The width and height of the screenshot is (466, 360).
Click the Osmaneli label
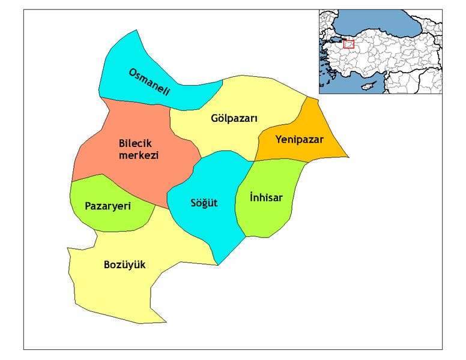click(150, 82)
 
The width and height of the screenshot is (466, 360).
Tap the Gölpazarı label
click(234, 118)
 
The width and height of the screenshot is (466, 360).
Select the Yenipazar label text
click(300, 140)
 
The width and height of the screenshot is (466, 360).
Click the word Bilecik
click(135, 144)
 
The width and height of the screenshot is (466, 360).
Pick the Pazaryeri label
click(108, 206)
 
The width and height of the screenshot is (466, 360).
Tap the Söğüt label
click(205, 203)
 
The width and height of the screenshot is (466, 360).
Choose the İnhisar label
click(265, 197)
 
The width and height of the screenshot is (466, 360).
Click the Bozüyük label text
click(124, 265)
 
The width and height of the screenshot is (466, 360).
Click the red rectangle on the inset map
click(348, 44)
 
